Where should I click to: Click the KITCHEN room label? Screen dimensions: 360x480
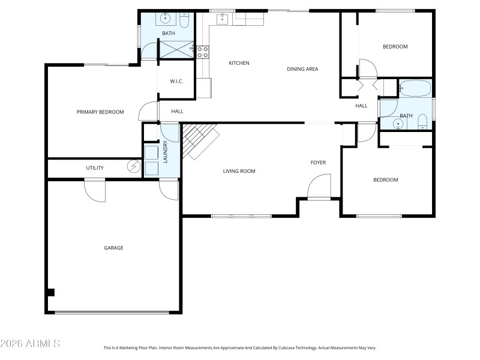click(239, 63)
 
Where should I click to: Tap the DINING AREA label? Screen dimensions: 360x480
click(302, 69)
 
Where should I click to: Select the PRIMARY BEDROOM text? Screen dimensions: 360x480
click(100, 112)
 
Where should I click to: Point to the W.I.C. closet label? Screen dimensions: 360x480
click(176, 81)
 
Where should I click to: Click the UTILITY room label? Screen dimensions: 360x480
click(95, 168)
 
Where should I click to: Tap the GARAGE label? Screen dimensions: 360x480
click(113, 247)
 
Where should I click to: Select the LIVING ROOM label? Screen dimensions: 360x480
click(239, 171)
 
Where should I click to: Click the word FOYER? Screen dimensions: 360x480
click(318, 163)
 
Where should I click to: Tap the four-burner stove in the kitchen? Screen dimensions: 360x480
click(203, 52)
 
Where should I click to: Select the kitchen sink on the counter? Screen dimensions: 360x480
click(223, 19)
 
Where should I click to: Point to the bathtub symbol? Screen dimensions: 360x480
click(415, 89)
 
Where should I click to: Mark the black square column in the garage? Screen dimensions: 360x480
click(51, 292)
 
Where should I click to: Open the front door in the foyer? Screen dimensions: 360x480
click(319, 186)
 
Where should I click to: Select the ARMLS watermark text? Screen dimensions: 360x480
click(30, 344)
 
